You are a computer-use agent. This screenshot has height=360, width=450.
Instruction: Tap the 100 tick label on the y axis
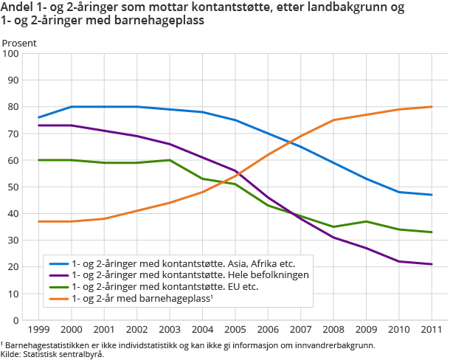coord(11,54)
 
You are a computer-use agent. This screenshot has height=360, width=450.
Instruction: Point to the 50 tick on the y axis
coord(14,187)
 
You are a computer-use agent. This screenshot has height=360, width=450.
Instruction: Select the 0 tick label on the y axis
coord(17,321)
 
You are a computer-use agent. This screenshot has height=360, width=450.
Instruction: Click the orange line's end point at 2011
coord(432,107)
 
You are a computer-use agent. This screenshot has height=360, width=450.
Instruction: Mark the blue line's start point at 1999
coord(38,117)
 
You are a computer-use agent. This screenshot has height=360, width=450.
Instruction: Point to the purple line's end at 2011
coord(432,264)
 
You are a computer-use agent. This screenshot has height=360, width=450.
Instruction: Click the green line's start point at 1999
coord(38,160)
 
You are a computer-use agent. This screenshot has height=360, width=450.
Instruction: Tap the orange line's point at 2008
coord(333,120)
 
